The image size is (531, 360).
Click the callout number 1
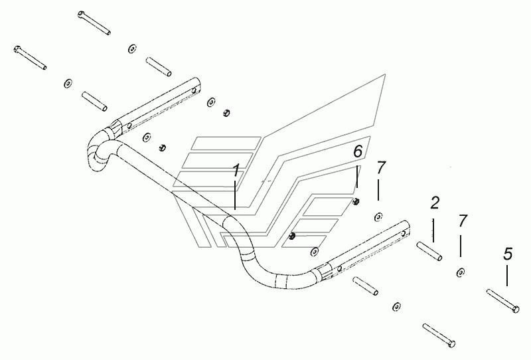[236, 170]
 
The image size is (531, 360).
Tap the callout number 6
[358, 151]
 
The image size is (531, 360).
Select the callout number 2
[435, 203]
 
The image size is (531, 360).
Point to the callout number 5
[508, 254]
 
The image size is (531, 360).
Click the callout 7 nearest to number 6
[381, 168]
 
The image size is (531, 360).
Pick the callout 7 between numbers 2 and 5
[463, 221]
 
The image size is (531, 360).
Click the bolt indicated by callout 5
[502, 300]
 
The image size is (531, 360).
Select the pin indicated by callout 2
[429, 251]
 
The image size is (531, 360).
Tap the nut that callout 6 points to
[356, 202]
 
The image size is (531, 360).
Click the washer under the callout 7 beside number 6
[378, 217]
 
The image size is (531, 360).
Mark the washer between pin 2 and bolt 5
[460, 272]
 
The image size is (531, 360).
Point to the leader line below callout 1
[236, 195]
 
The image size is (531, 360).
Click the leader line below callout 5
[507, 276]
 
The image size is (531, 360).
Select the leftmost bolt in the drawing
[30, 58]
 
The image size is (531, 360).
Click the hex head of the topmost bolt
[81, 14]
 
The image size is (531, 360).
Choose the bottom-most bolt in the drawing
[439, 335]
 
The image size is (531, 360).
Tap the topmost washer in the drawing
[132, 48]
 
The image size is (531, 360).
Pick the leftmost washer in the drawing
[68, 83]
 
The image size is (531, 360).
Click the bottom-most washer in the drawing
[396, 306]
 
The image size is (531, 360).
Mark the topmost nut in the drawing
[226, 113]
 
